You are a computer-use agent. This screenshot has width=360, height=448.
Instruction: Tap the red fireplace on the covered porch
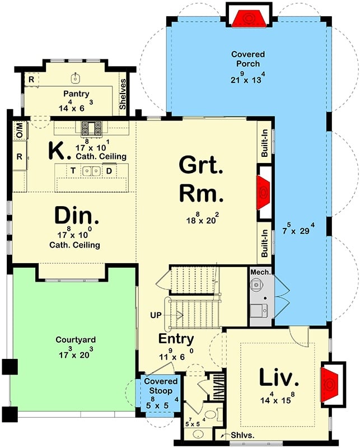coord(248,17)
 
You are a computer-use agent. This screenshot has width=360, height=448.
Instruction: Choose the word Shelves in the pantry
coord(123,94)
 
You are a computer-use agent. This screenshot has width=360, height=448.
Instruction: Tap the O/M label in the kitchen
coord(19,133)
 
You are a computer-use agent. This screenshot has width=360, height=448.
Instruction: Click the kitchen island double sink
coord(91,171)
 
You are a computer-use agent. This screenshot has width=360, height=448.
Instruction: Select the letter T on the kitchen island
coord(72,170)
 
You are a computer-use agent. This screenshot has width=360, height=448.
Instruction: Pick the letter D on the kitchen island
coord(110,170)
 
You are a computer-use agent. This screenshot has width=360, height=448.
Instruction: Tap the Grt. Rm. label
coord(201,179)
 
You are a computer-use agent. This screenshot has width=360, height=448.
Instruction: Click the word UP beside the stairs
coord(156,315)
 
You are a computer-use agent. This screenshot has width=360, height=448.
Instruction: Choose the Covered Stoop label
coord(161,385)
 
